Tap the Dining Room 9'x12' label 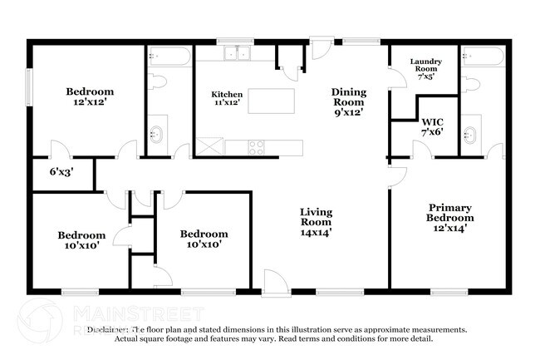point(348,101)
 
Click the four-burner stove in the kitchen point(257,148)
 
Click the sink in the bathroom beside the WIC point(470,132)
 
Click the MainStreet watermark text point(137,313)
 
